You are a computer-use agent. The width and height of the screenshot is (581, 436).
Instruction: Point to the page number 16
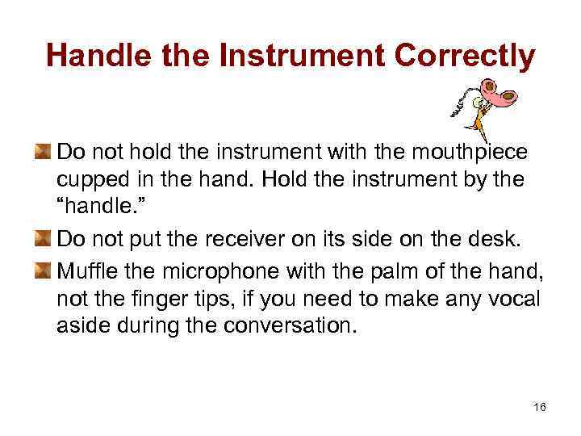(x=540, y=407)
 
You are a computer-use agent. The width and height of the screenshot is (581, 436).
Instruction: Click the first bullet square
(x=43, y=151)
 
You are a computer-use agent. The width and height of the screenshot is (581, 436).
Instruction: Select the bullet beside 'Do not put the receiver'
(x=43, y=239)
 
